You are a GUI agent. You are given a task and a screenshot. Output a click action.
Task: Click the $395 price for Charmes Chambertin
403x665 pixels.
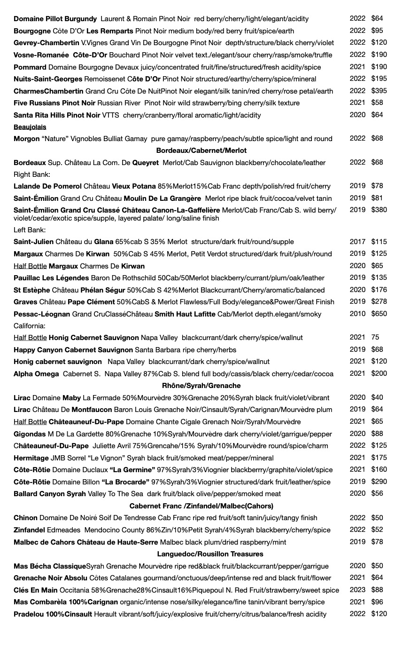(379, 91)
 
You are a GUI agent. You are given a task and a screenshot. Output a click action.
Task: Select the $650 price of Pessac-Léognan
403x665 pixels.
(379, 314)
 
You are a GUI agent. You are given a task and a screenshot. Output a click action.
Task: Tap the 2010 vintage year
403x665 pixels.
(357, 314)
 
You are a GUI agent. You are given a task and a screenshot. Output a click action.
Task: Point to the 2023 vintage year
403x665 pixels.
(357, 590)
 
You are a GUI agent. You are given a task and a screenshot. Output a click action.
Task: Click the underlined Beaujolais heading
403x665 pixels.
(30, 127)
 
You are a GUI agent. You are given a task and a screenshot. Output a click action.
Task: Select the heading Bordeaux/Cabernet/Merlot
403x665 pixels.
(201, 150)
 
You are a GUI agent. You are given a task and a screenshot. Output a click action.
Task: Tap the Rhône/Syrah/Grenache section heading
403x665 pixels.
(201, 386)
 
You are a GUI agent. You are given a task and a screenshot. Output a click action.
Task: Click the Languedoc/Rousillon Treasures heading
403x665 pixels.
(210, 554)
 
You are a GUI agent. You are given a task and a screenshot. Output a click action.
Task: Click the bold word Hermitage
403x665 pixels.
(31, 458)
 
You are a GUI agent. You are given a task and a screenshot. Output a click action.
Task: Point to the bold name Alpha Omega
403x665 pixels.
(36, 374)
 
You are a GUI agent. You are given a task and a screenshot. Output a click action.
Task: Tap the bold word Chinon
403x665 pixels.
(25, 518)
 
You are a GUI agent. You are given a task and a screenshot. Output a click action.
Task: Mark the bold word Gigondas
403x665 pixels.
(30, 434)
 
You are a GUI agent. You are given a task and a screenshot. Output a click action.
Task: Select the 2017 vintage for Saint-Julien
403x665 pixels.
(357, 242)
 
